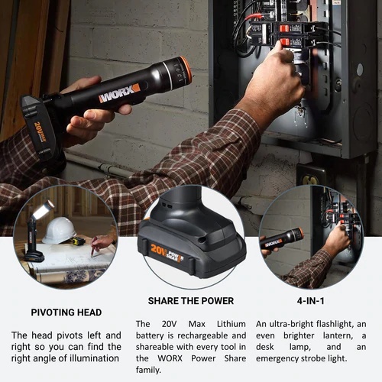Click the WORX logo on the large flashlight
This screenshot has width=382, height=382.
point(120,93)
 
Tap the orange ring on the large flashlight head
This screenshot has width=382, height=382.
point(186,70)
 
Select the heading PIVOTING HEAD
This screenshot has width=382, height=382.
point(66,312)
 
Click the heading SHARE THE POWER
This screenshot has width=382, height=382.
point(191,301)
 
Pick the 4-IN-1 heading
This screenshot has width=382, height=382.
point(310,301)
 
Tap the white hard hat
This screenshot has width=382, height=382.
point(59,231)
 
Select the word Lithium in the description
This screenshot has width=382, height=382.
point(231,324)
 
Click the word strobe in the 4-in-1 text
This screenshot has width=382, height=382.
point(313,358)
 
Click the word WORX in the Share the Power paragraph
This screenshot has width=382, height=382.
point(170,358)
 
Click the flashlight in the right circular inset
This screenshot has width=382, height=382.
point(282,239)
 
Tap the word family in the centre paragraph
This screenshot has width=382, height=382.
point(148,370)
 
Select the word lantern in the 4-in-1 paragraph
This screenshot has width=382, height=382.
point(338,335)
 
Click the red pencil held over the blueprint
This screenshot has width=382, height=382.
point(94,247)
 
